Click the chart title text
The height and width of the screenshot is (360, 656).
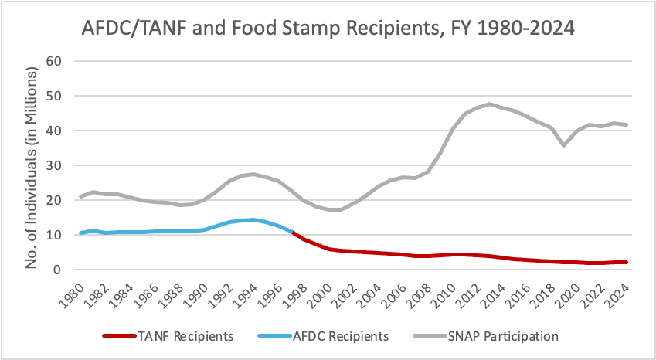(x=328, y=30)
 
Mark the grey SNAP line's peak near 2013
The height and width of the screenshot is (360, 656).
(x=490, y=104)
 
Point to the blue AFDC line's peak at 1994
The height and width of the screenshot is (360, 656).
(x=253, y=219)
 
